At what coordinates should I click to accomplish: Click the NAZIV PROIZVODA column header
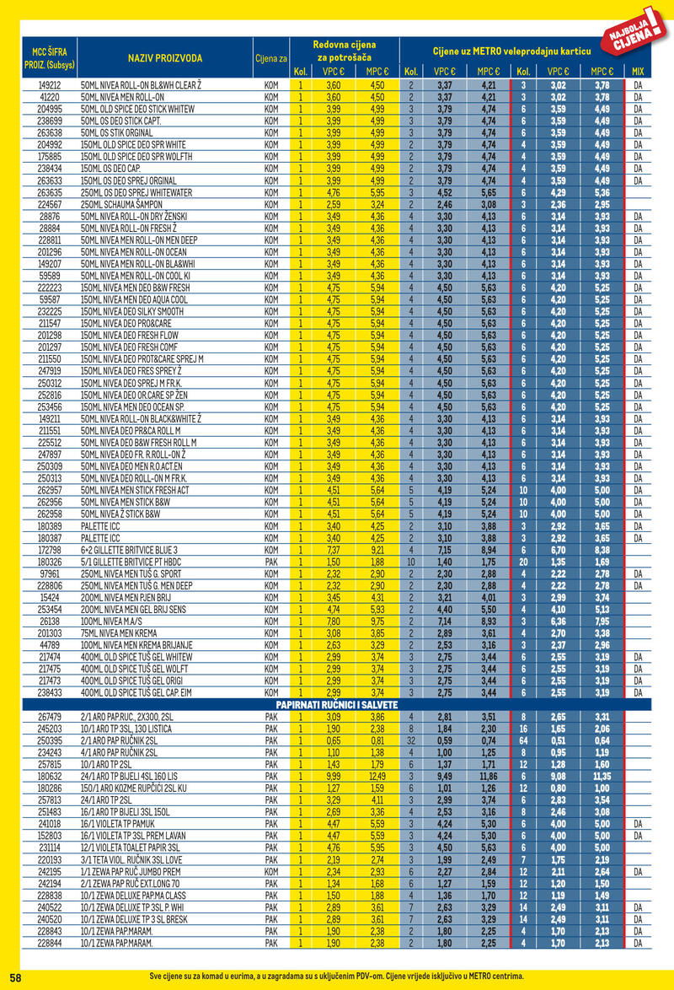tap(165, 57)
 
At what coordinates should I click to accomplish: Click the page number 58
tap(15, 976)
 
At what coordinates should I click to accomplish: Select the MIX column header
tap(638, 72)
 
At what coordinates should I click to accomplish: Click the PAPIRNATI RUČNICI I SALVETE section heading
tap(337, 704)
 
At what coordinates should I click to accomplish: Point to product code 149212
tap(50, 85)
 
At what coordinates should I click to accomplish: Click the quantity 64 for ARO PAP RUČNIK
tap(523, 740)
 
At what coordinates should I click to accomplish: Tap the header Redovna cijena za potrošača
tap(344, 50)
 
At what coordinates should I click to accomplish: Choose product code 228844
tap(50, 943)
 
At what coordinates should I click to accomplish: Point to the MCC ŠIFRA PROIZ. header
tap(48, 57)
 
